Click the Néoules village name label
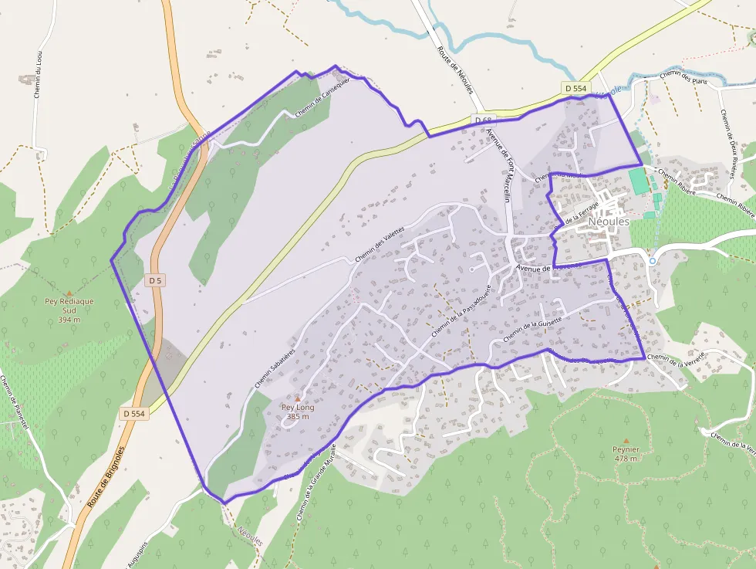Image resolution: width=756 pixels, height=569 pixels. pyautogui.click(x=609, y=222)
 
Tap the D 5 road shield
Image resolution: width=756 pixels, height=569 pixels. pyautogui.click(x=155, y=280)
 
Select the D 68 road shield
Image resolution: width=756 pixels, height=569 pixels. pyautogui.click(x=483, y=120)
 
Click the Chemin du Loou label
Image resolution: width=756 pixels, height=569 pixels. pyautogui.click(x=36, y=74)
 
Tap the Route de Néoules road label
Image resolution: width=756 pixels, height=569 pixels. pyautogui.click(x=454, y=70)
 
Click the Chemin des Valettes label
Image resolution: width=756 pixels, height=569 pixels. pyautogui.click(x=380, y=248)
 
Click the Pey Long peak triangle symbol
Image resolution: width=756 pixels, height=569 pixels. pyautogui.click(x=298, y=398)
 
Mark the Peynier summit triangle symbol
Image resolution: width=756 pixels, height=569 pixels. pyautogui.click(x=626, y=441)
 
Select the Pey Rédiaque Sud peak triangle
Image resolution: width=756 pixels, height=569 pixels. pyautogui.click(x=69, y=293)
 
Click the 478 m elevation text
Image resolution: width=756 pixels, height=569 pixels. pyautogui.click(x=626, y=459)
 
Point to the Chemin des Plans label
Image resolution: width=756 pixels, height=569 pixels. pyautogui.click(x=684, y=74)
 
